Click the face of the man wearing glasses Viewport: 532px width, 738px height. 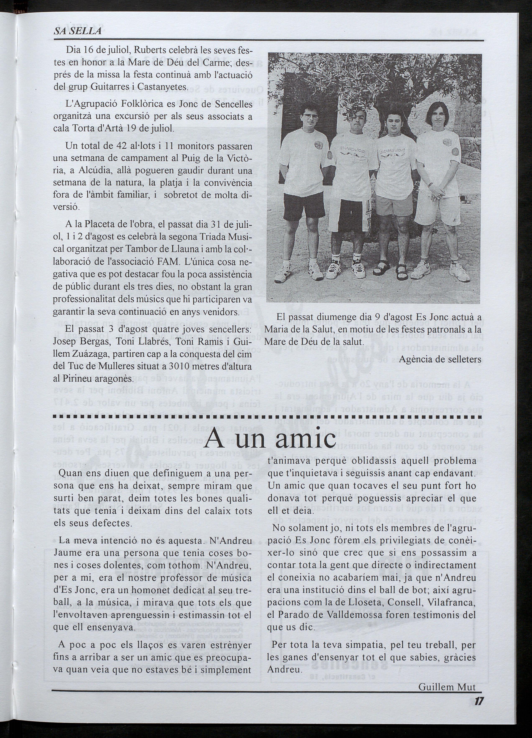tap(309, 115)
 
